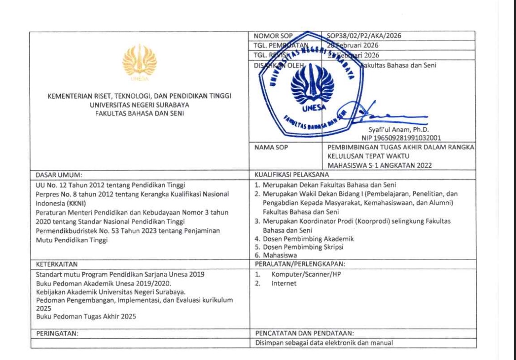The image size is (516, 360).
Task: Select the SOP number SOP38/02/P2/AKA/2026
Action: (x=358, y=36)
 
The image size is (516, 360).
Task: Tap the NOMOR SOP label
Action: (x=273, y=36)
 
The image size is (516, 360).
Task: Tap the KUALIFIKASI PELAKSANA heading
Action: (x=292, y=174)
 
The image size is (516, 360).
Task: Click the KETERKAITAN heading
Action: (x=57, y=263)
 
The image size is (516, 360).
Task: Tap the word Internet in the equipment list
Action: (x=284, y=283)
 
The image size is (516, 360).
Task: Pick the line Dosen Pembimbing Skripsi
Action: (x=299, y=247)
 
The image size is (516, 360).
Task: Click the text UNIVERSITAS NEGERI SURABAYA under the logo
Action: (x=139, y=104)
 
